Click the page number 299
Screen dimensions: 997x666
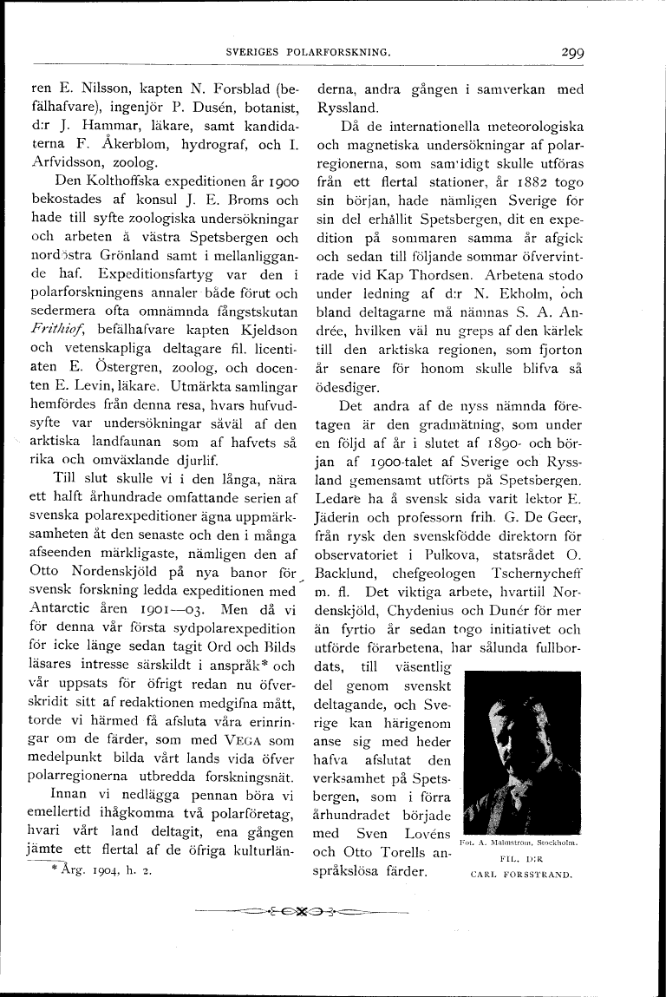571,52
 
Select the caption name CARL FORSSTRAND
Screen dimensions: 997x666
521,875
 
